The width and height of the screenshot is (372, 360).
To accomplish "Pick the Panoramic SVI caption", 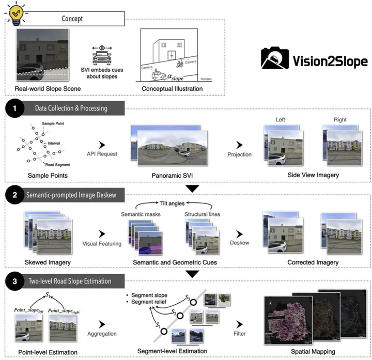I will [168, 175].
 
